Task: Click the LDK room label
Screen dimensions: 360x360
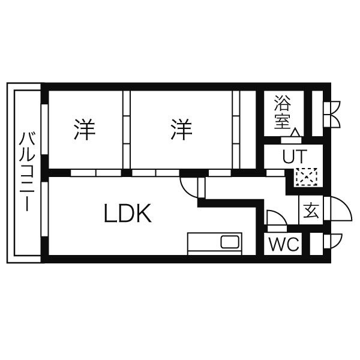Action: point(127,213)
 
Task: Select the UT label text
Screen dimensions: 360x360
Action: point(294,157)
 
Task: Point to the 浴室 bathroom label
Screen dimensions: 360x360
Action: point(282,112)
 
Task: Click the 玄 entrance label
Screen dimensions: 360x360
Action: point(311,211)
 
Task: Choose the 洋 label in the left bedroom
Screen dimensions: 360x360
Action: point(85,129)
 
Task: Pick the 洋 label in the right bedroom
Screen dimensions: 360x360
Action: point(180,129)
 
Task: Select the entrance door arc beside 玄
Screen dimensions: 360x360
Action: point(339,210)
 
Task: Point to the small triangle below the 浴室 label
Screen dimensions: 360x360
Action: point(296,133)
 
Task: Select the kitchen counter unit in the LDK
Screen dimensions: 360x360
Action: point(214,243)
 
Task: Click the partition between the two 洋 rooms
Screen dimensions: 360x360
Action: point(127,129)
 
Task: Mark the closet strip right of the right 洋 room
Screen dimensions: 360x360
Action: point(236,129)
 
